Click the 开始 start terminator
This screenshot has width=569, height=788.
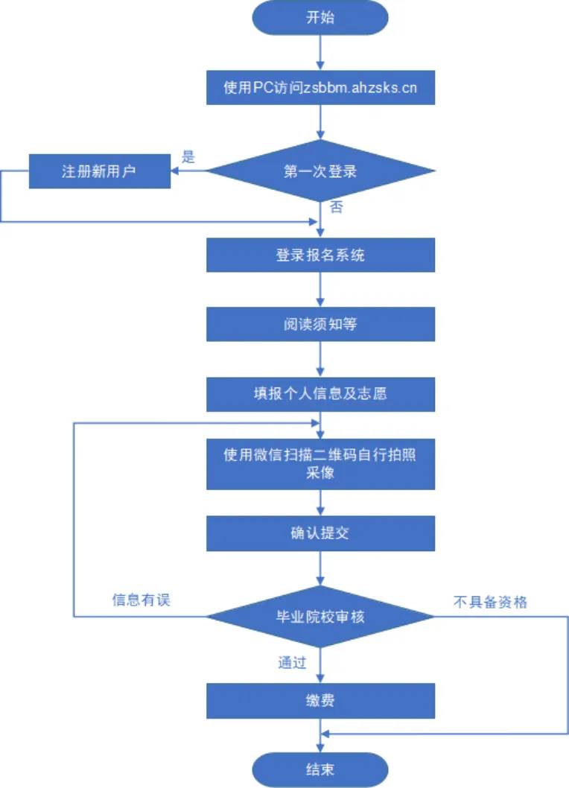coord(320,18)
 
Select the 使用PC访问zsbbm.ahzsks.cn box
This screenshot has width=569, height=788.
coord(320,88)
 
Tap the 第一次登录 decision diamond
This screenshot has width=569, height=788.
coord(320,171)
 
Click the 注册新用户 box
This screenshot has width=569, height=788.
coord(99,171)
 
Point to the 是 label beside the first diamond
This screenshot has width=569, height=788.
coord(188,157)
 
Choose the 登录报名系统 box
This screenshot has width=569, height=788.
coord(320,255)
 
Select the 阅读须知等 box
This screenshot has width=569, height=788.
coord(320,325)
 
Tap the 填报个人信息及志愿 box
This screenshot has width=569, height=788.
coord(320,394)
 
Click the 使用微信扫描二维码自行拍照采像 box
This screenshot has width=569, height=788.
coord(320,464)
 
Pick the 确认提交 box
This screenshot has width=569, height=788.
coord(320,533)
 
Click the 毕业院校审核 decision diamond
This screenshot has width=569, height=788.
coord(320,617)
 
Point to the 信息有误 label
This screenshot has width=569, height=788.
coord(142,600)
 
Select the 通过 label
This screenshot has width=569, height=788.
coord(292,662)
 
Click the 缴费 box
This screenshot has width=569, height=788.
coord(320,701)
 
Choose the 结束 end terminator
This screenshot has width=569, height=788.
coord(320,769)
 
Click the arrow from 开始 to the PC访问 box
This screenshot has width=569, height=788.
coord(320,52)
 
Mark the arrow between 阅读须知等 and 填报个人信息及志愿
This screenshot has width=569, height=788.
coord(320,360)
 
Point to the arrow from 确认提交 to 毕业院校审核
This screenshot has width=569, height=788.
coord(320,568)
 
